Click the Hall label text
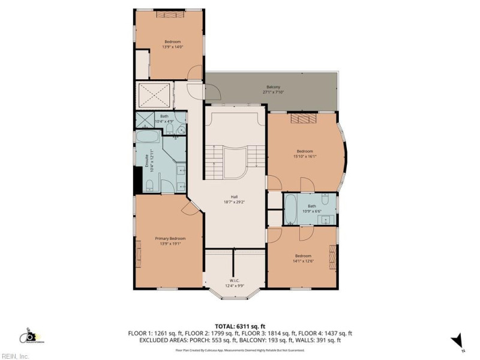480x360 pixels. click(x=235, y=196)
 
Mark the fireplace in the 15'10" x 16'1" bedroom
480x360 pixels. click(x=303, y=118)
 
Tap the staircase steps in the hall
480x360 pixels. click(x=213, y=158)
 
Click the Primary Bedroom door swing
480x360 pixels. click(x=189, y=207)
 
